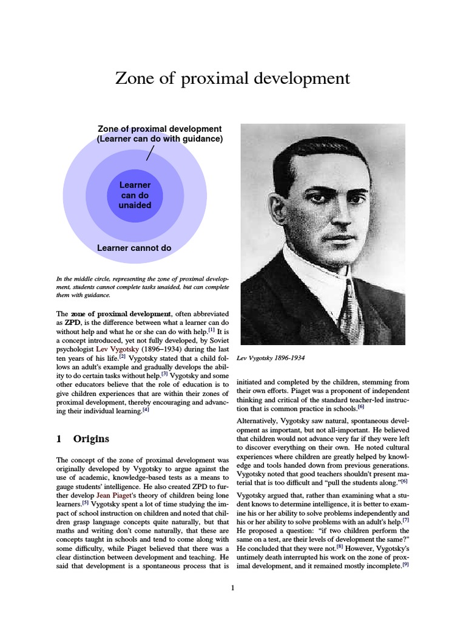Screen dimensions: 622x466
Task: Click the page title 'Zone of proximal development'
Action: coord(233,79)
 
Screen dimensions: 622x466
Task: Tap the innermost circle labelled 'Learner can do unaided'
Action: coord(135,196)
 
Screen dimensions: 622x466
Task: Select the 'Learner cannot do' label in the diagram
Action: coord(135,248)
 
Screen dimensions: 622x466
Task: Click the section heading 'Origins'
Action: coord(91,439)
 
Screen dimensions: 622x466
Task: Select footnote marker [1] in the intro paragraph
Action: coord(211,330)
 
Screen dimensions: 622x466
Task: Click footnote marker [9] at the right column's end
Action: coord(405,564)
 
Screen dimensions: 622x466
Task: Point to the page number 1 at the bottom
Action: coord(232,587)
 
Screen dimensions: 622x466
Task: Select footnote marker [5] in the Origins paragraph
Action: coord(86,504)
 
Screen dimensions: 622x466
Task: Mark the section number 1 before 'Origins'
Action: coord(59,439)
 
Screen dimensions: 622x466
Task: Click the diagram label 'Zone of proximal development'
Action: coord(160,129)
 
